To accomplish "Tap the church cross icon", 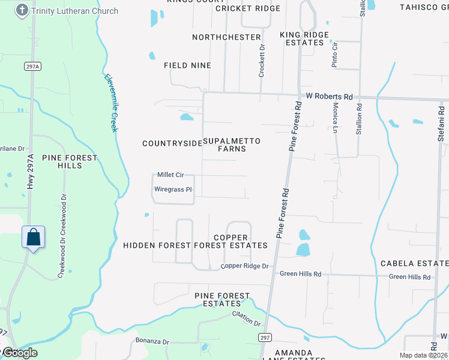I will click(x=22, y=10).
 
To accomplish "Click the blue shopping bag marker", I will click(x=34, y=237).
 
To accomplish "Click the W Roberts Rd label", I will click(x=329, y=97).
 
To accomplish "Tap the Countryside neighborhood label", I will click(x=172, y=143).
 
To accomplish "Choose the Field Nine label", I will click(x=187, y=65).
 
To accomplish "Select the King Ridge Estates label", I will click(x=304, y=39).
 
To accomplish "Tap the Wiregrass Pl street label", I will click(x=173, y=190).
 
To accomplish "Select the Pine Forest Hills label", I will click(x=70, y=161).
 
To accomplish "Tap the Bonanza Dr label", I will click(x=152, y=341).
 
